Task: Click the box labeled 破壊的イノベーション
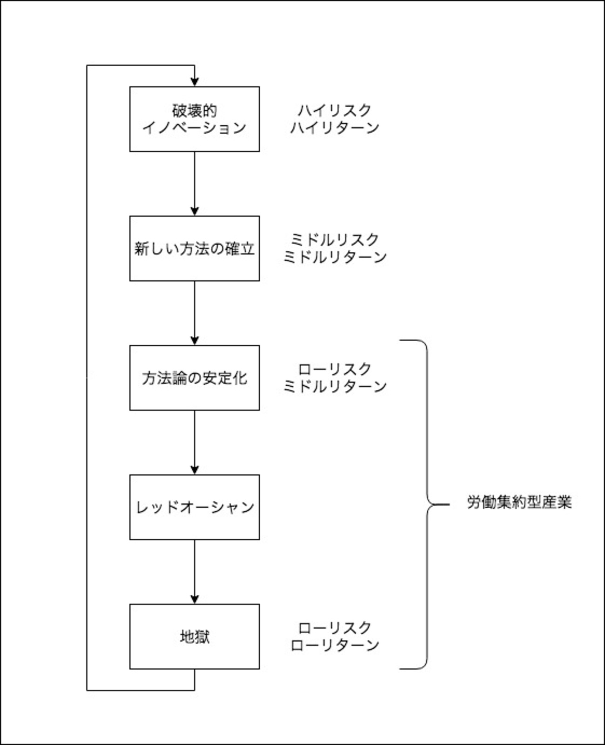pyautogui.click(x=194, y=119)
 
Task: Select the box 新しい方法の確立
pyautogui.click(x=194, y=248)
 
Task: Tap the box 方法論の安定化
pyautogui.click(x=194, y=378)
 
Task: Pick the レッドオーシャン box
pyautogui.click(x=194, y=507)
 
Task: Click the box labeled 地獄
pyautogui.click(x=194, y=637)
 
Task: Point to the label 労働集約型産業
pyautogui.click(x=519, y=503)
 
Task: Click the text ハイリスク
pyautogui.click(x=334, y=110)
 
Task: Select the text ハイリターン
pyautogui.click(x=334, y=128)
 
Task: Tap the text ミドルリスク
pyautogui.click(x=334, y=240)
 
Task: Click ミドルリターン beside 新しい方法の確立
pyautogui.click(x=334, y=257)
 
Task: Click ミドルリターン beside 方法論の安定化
pyautogui.click(x=334, y=386)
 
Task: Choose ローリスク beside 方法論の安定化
pyautogui.click(x=334, y=369)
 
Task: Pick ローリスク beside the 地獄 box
pyautogui.click(x=334, y=628)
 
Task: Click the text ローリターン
pyautogui.click(x=334, y=645)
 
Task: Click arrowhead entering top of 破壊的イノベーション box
pyautogui.click(x=195, y=81)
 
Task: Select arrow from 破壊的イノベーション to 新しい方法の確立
pyautogui.click(x=195, y=184)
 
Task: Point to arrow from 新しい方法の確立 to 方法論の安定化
pyautogui.click(x=195, y=313)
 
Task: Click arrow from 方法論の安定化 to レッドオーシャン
pyautogui.click(x=195, y=443)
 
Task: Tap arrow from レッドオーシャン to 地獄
pyautogui.click(x=195, y=572)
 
